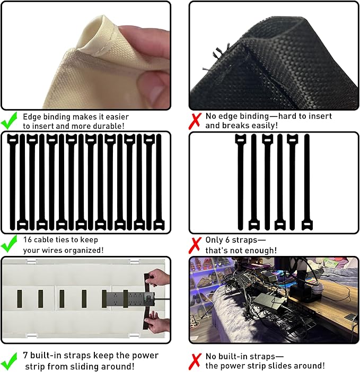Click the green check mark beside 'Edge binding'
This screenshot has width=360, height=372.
tap(9, 120)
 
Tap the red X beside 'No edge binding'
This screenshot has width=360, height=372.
tap(195, 121)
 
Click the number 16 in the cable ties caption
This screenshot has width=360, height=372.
tap(27, 240)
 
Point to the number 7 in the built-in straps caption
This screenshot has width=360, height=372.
tap(25, 355)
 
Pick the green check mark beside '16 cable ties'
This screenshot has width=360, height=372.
tap(9, 244)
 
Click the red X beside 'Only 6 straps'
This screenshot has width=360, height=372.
tap(195, 245)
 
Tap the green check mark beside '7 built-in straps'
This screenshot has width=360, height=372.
tap(9, 361)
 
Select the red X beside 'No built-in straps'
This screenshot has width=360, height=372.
tap(195, 361)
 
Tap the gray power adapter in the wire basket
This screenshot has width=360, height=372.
tap(268, 303)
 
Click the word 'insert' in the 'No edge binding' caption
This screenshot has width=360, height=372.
tap(320, 116)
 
